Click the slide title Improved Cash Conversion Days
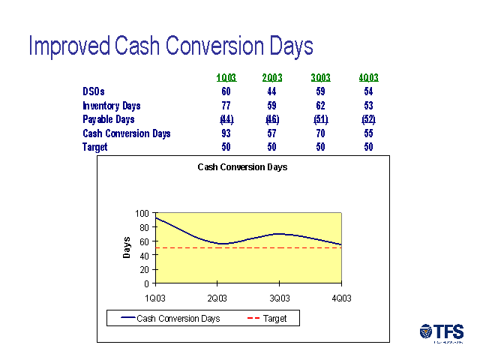click(170, 46)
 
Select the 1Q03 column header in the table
click(226, 78)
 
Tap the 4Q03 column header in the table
click(368, 78)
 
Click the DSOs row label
click(94, 91)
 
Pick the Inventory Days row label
click(112, 106)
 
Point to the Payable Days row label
click(109, 120)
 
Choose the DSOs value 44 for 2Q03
click(272, 91)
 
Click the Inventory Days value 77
click(226, 106)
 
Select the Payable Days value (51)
click(321, 120)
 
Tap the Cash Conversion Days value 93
click(226, 133)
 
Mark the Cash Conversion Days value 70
click(321, 133)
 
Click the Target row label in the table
click(95, 148)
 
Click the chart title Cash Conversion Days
click(242, 167)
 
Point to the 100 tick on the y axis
click(142, 213)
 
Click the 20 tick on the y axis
click(145, 270)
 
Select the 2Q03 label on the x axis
click(217, 298)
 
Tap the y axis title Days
click(127, 247)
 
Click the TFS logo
click(442, 332)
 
